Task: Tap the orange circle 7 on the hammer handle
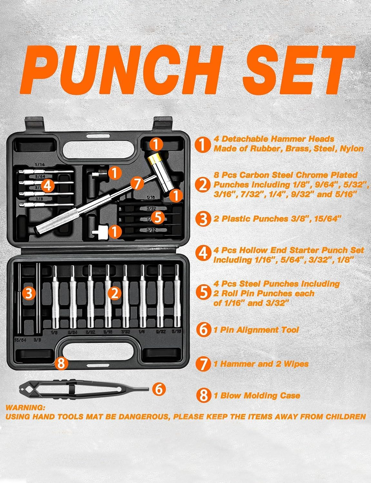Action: [x=137, y=184]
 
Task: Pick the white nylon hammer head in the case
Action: [x=99, y=231]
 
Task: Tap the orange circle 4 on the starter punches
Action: [x=47, y=186]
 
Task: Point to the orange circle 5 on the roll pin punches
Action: [x=158, y=218]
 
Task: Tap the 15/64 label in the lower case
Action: [x=20, y=339]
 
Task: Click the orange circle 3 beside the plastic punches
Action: [x=29, y=293]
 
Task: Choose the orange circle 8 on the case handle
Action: [x=61, y=364]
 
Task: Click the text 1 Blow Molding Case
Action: [x=257, y=395]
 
